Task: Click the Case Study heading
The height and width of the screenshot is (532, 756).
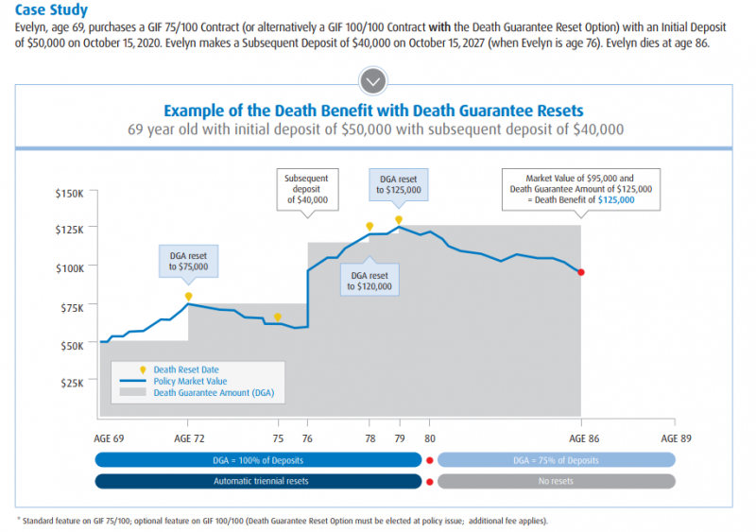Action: click(52, 10)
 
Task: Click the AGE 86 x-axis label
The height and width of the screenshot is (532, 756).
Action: click(581, 438)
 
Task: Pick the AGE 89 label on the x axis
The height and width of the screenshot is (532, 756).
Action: click(676, 438)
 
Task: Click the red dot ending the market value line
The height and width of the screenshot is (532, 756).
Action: click(581, 272)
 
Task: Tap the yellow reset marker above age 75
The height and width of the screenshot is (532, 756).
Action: click(277, 317)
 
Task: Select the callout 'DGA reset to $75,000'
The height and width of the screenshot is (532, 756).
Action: click(189, 259)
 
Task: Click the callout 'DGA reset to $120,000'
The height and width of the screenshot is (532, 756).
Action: click(369, 279)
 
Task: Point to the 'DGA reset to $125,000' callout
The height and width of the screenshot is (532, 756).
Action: click(398, 183)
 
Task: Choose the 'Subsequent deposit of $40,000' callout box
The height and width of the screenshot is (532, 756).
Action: click(307, 187)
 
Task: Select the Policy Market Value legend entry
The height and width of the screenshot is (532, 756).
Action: click(190, 381)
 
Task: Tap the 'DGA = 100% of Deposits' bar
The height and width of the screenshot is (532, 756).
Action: click(258, 459)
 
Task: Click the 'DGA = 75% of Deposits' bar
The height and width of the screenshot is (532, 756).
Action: click(556, 459)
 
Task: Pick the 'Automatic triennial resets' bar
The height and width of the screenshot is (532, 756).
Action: click(258, 481)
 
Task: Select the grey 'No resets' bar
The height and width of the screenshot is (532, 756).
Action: click(556, 481)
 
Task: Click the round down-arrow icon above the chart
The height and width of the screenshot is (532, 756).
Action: click(373, 80)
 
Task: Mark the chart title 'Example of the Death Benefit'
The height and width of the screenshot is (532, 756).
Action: click(373, 111)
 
